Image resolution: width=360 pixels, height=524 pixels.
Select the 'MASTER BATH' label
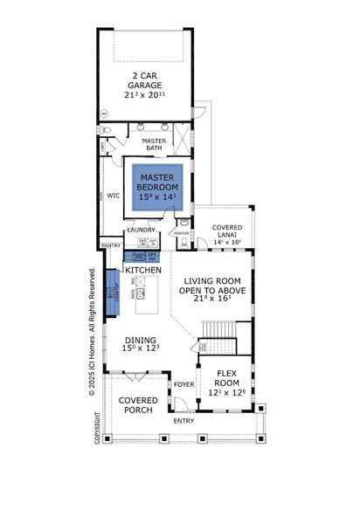point(155,145)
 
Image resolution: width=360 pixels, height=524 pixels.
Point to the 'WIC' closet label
point(113,196)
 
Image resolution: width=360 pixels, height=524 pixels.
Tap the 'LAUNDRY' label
point(141,231)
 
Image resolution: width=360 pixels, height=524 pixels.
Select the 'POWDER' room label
point(182,233)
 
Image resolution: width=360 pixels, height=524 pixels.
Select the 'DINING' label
point(139,341)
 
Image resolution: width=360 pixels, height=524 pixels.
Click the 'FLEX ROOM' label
point(226,383)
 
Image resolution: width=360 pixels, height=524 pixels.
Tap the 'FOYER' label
point(183,383)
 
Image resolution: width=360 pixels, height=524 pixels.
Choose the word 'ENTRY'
point(184,421)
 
